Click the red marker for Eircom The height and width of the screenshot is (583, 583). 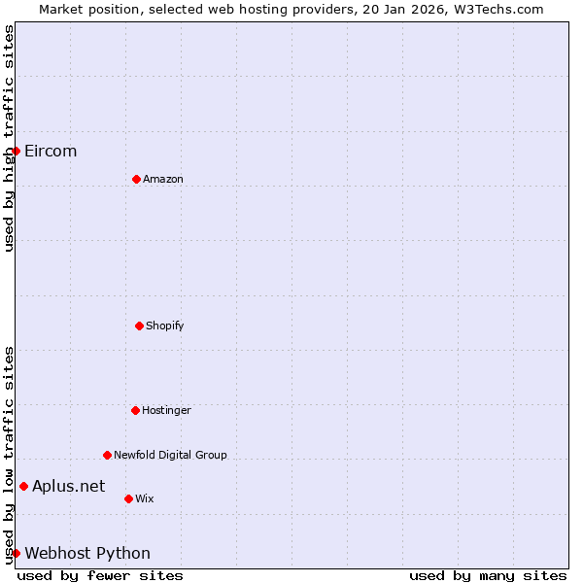tap(16, 151)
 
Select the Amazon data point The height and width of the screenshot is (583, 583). tap(136, 179)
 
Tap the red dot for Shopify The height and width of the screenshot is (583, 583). tap(139, 326)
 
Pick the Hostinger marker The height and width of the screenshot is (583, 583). tap(135, 410)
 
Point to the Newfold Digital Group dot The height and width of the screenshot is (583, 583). tap(107, 455)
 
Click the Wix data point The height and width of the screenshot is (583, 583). tap(128, 498)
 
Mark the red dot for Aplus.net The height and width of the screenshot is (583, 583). tap(23, 486)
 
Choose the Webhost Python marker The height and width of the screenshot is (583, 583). tap(16, 553)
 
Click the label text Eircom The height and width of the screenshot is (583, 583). tap(51, 151)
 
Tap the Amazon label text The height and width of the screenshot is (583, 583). tap(163, 179)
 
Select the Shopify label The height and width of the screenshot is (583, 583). tap(165, 326)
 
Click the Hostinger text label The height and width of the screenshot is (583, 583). tap(166, 410)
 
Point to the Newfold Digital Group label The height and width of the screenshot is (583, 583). tap(170, 455)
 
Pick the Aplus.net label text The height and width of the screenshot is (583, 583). tap(68, 486)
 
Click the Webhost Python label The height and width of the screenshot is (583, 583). tap(87, 553)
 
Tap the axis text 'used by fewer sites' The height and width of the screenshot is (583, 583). tap(100, 575)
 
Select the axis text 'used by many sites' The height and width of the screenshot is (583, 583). tap(488, 575)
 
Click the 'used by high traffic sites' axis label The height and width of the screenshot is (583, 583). tap(9, 138)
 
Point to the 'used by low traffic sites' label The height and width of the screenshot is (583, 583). tap(9, 454)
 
